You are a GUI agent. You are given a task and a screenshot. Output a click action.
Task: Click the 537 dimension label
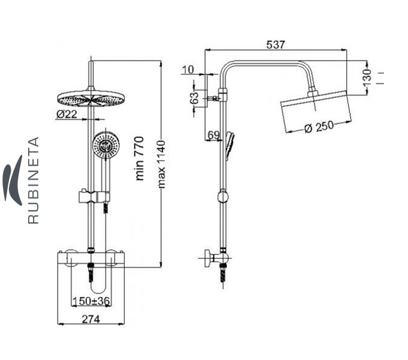coord(275,45)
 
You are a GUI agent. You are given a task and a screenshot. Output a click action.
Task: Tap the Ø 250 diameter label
coord(319,127)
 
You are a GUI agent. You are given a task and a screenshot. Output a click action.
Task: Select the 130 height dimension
coord(367,77)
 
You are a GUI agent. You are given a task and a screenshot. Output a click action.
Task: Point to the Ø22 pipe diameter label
coord(67,114)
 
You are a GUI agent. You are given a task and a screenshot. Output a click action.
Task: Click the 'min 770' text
coord(139,158)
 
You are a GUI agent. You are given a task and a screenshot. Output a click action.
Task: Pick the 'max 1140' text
coord(161,164)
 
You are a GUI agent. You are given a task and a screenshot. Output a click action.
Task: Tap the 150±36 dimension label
coord(91,301)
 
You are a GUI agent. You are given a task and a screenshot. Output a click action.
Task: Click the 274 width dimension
coord(91,319)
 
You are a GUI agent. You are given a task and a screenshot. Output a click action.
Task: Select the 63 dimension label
coord(194,98)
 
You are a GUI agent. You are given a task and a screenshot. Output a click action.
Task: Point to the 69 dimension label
coord(214,135)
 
